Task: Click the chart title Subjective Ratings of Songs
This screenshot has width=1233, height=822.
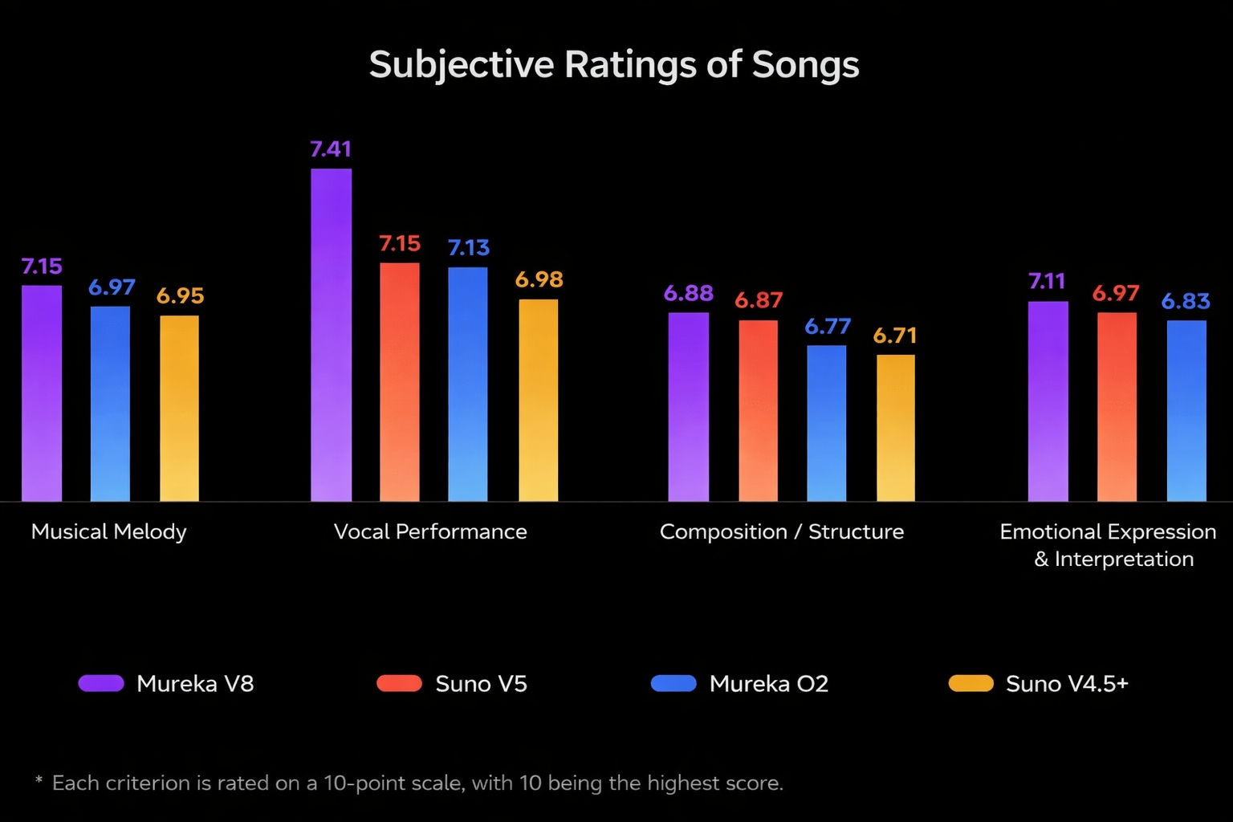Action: (614, 65)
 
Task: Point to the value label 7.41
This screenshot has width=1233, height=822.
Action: (331, 149)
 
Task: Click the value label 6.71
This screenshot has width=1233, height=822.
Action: (895, 336)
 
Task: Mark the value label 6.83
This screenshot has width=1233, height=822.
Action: (1186, 301)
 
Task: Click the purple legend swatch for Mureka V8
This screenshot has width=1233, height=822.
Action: (101, 683)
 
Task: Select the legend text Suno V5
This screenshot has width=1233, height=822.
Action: (481, 684)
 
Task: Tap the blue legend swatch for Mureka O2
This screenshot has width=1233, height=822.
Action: (673, 683)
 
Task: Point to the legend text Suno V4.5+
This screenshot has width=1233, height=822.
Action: (1067, 684)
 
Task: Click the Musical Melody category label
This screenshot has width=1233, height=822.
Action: (108, 531)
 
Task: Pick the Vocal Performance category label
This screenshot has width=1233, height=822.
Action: (430, 531)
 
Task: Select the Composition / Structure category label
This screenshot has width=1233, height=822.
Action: (782, 531)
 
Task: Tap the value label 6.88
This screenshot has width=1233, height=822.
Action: (689, 294)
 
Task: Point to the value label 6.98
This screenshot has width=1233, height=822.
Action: (539, 279)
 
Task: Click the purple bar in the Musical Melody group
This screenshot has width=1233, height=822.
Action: (42, 393)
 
